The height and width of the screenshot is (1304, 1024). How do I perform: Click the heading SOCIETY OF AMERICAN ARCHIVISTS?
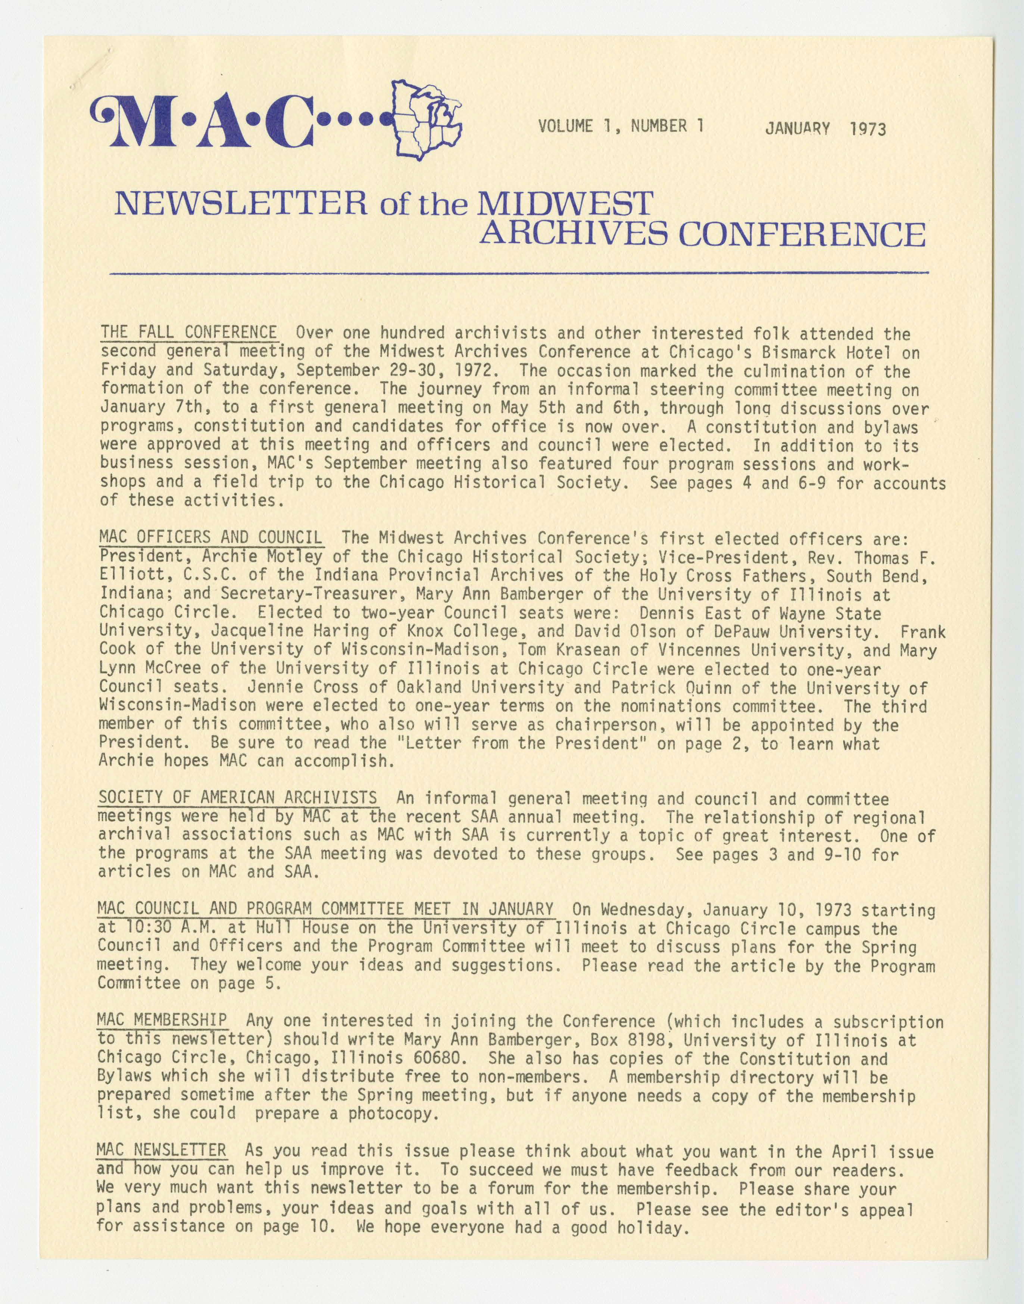pos(238,799)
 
